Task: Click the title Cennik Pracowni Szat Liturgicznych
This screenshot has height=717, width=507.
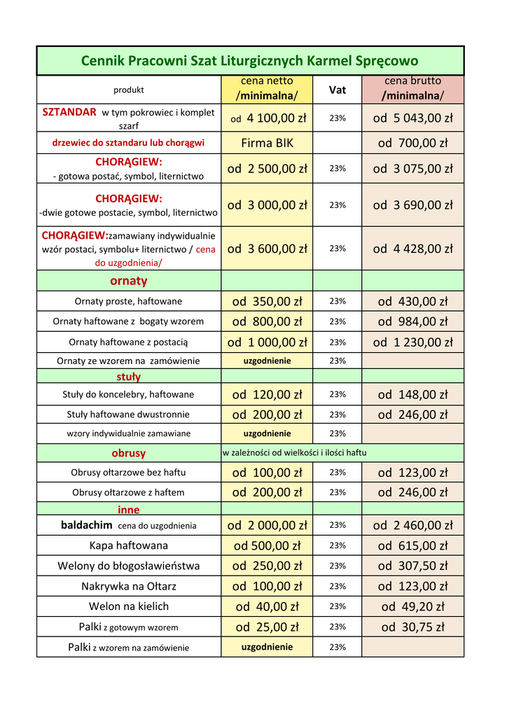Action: point(250,61)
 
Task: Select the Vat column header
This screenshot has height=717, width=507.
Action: point(338,90)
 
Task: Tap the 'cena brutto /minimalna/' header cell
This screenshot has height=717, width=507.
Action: point(412,88)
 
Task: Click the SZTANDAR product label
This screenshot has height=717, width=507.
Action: point(69,112)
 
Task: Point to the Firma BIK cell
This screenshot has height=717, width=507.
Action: point(267,144)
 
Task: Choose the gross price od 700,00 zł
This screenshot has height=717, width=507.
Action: point(412,144)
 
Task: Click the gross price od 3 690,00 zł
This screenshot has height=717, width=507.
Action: point(412,205)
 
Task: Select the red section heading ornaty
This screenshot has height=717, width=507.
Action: point(129,281)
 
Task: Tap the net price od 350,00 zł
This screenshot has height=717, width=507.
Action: point(267,302)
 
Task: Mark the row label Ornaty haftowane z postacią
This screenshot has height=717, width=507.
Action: point(128,342)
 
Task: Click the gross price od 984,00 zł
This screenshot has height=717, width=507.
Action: point(412,322)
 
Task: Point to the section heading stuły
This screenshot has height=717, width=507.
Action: point(129,377)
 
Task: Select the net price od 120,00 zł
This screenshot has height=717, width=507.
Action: point(267,395)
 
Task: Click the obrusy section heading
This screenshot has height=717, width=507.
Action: point(129,453)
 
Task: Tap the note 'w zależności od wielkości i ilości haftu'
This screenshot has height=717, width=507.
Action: point(294,453)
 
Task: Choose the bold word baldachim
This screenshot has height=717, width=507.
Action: point(87,525)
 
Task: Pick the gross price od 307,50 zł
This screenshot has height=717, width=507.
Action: point(412,566)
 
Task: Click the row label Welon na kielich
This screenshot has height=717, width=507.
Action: point(129,606)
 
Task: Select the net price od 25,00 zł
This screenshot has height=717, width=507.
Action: point(267,627)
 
